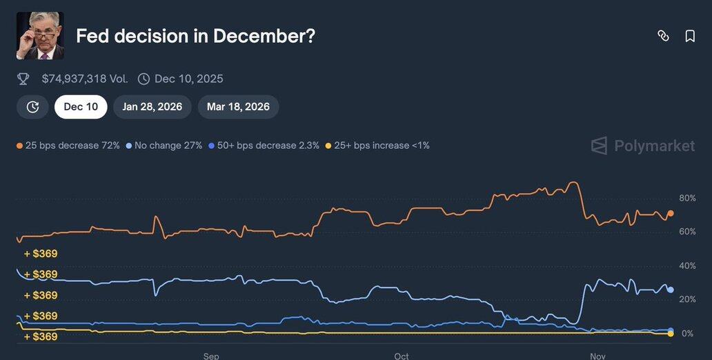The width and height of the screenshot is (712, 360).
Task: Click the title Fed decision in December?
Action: click(195, 36)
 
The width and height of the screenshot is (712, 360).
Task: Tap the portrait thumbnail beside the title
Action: click(40, 35)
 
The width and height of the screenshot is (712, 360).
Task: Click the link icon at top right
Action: click(663, 36)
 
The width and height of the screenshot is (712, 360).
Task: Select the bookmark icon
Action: click(690, 36)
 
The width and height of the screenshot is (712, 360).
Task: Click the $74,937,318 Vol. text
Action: click(85, 79)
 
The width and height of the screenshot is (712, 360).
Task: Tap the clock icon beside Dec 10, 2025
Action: click(144, 79)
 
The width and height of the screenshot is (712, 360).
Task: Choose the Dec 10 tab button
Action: click(81, 107)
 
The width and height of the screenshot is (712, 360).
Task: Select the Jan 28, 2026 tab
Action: click(152, 107)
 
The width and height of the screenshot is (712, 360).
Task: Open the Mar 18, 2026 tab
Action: click(238, 107)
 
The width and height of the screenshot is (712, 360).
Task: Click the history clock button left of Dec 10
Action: click(32, 107)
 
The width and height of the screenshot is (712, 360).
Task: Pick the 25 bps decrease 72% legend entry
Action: click(68, 146)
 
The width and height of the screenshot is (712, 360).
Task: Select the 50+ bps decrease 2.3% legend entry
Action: click(264, 146)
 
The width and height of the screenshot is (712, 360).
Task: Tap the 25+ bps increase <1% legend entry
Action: click(377, 146)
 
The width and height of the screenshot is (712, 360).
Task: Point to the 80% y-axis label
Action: click(687, 199)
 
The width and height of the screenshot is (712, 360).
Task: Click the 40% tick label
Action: click(687, 266)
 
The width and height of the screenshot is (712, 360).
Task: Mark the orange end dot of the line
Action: click(671, 214)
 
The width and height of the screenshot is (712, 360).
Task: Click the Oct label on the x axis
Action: click(402, 356)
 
